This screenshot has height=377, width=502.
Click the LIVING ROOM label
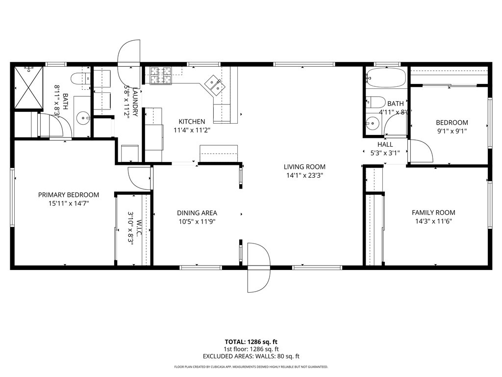coord(304,167)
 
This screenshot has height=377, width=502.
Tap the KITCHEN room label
coord(192,122)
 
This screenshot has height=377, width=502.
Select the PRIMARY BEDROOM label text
coord(69,195)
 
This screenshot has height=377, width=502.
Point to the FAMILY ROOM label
coord(433,213)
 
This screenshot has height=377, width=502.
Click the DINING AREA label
coord(197,213)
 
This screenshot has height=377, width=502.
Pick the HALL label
coord(385,144)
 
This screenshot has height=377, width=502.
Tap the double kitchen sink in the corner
coord(215,84)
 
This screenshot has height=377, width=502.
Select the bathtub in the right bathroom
coord(386,78)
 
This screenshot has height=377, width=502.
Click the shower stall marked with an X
coord(28,87)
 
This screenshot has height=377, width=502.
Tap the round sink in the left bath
coord(83,117)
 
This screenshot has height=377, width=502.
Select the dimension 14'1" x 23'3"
coord(304,175)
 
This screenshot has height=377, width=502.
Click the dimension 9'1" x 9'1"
coord(452,131)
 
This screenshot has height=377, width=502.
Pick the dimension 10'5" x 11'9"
coord(197,221)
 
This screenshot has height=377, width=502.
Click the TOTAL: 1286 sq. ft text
coord(251,342)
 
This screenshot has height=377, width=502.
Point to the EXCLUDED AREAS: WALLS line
coord(251,356)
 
